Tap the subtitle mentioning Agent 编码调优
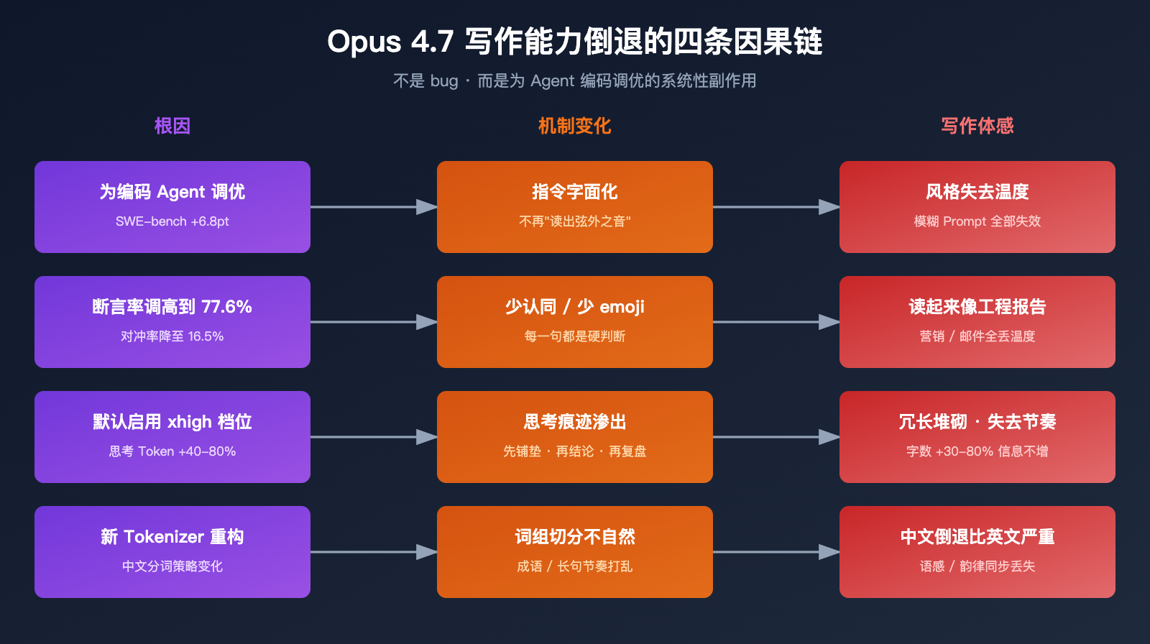click(574, 80)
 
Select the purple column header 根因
click(172, 126)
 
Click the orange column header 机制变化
click(574, 126)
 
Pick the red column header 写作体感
click(977, 126)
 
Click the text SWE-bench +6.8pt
click(172, 221)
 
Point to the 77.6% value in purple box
click(226, 307)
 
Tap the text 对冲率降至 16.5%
click(172, 336)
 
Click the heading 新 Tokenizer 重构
click(172, 537)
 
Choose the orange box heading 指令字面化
click(574, 192)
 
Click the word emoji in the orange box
click(622, 307)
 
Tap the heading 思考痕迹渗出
click(574, 422)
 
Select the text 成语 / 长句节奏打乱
click(574, 566)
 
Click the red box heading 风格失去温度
click(977, 192)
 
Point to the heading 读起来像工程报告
click(977, 307)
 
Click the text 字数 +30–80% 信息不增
click(977, 451)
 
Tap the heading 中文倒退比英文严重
click(977, 537)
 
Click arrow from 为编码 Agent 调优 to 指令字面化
click(374, 207)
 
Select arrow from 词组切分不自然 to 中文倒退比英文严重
click(776, 552)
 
